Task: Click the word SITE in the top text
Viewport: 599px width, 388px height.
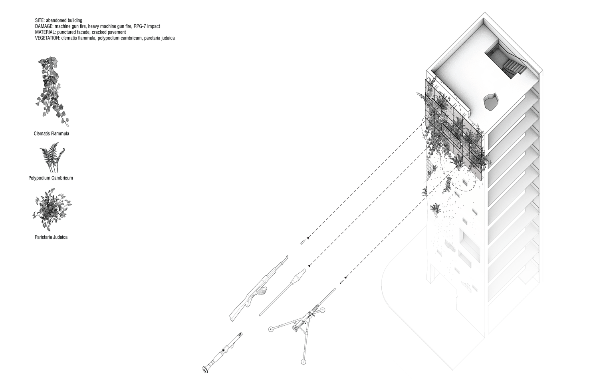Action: click(40, 20)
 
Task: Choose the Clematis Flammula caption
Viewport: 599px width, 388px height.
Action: click(52, 133)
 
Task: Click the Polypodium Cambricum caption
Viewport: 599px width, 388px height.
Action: click(51, 178)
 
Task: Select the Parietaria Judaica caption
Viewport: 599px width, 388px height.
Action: click(51, 237)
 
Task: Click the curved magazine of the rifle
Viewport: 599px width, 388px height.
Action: click(261, 292)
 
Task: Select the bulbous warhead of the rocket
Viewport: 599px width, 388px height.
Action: click(298, 276)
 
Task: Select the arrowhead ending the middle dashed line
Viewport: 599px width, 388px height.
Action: click(309, 265)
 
